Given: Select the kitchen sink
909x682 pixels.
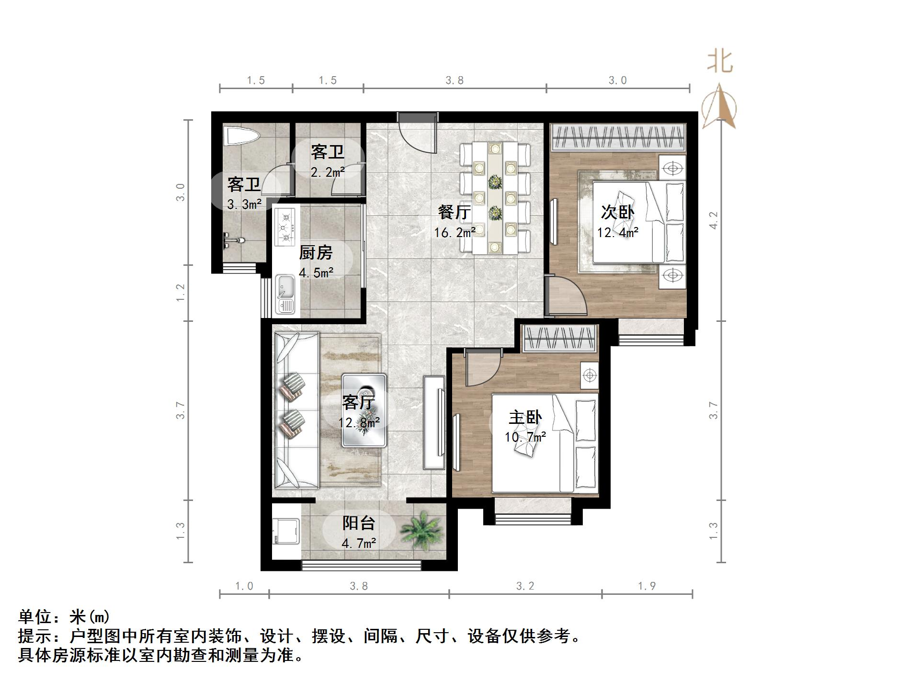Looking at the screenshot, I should point(285,294).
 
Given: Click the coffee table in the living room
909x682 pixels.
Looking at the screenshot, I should point(364,410).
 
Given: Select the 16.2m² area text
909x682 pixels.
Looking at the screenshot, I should point(454,233).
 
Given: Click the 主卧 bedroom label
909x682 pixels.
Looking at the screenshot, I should point(525,417).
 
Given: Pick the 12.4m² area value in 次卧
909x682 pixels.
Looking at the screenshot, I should point(617,233).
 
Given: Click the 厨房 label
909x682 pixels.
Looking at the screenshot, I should point(316,252).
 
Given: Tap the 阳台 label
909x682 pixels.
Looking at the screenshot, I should point(358,523).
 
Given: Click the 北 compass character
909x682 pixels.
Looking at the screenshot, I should point(720,62).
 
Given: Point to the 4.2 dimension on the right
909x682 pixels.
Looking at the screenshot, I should point(714,220).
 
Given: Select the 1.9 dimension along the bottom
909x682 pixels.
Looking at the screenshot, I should point(647,586).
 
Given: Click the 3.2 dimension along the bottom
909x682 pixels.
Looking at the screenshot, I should point(525,586).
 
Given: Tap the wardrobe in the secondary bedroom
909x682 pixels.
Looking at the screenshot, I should point(618,137).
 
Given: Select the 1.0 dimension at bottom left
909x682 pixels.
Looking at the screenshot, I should point(244,586).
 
